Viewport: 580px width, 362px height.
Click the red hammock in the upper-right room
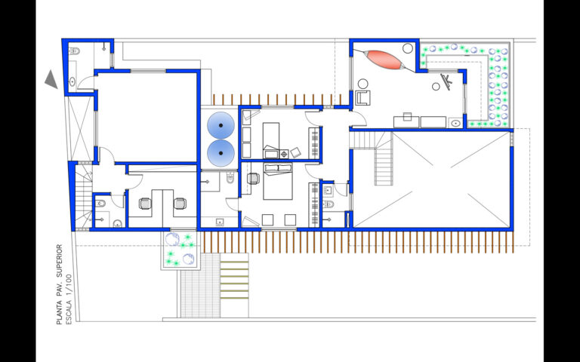(x=384, y=60)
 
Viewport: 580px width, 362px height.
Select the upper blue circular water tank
(x=221, y=125)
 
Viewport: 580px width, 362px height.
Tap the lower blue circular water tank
(x=221, y=153)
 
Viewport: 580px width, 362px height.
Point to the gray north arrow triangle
(x=52, y=80)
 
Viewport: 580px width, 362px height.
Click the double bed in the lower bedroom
(x=278, y=181)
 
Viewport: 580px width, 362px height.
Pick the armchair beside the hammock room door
(x=362, y=97)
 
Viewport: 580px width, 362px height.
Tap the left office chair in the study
(x=145, y=204)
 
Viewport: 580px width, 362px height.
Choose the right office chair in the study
(x=180, y=204)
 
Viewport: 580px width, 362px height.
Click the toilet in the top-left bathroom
(x=74, y=51)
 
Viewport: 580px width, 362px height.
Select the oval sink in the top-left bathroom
(x=72, y=81)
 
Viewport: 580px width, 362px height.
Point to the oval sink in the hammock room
(x=455, y=123)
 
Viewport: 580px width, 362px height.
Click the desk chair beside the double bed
(x=253, y=179)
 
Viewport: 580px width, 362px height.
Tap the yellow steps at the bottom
(x=235, y=280)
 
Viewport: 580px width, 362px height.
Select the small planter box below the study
(x=180, y=250)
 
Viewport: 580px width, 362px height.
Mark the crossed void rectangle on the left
(x=80, y=128)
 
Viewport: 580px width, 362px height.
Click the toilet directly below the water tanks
(x=230, y=179)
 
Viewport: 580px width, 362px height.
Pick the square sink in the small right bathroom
(x=328, y=191)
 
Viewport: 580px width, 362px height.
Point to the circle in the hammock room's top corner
(x=408, y=48)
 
